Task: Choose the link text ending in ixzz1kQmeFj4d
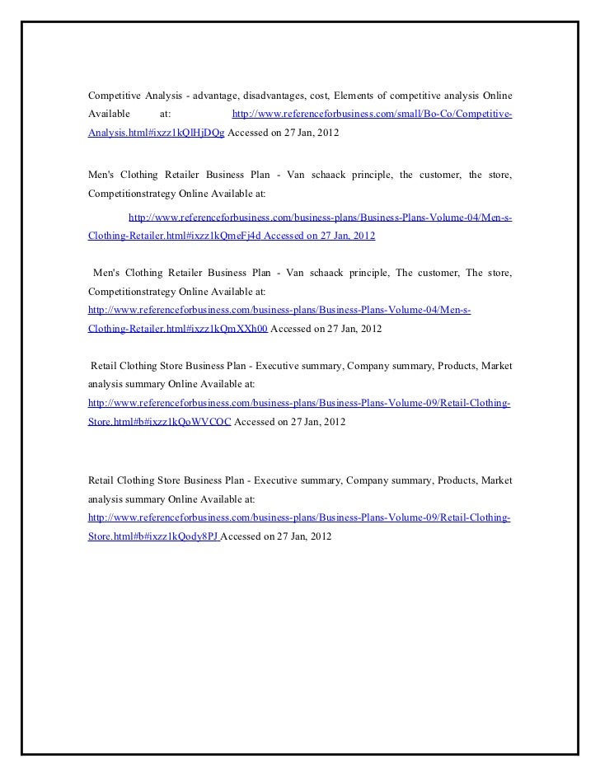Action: coord(174,236)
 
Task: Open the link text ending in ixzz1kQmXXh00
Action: coord(177,328)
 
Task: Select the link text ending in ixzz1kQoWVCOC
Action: coord(160,421)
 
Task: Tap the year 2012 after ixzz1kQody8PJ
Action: coord(320,536)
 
